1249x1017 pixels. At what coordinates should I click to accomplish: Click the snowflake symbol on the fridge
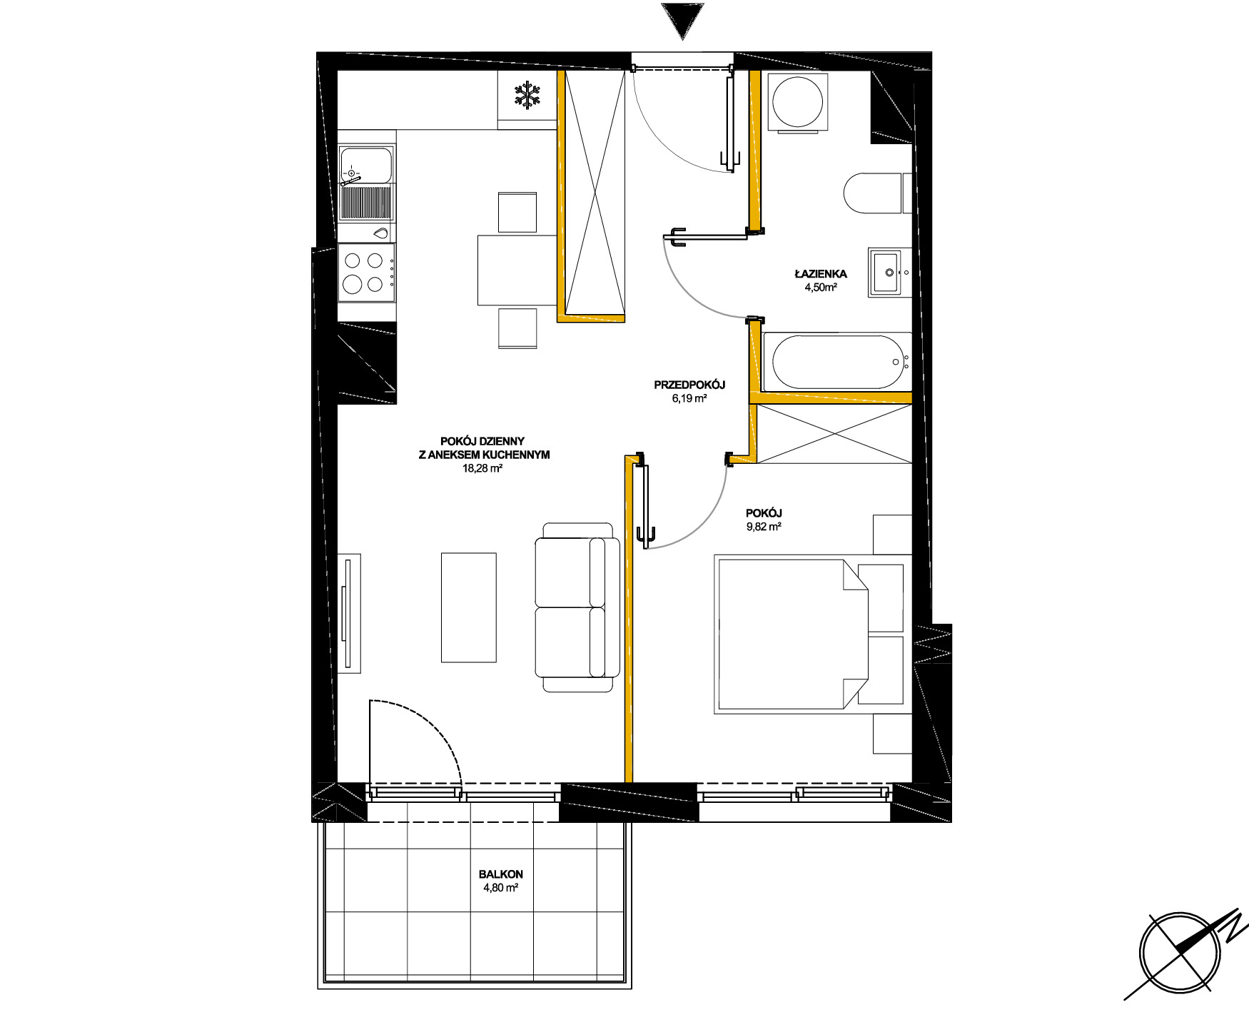point(527,95)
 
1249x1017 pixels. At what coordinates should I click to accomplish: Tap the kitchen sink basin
point(366,165)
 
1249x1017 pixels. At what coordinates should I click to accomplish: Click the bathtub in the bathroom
point(837,362)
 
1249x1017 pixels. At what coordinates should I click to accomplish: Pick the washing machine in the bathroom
point(798,101)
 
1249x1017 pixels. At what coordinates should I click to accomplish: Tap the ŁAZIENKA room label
point(821,273)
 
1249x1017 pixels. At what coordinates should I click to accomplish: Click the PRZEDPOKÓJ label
point(689,385)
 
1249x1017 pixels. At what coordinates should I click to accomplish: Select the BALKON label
point(501,874)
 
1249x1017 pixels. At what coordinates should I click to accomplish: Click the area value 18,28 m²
point(482,469)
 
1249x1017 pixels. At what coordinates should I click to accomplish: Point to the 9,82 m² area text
point(764,527)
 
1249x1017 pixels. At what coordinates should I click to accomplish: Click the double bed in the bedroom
point(809,634)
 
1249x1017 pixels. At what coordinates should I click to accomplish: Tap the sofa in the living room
point(577,607)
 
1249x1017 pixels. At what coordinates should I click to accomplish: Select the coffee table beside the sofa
point(468,607)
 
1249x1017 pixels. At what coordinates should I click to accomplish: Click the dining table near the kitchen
point(517,270)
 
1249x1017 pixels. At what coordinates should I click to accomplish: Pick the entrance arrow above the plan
point(682,20)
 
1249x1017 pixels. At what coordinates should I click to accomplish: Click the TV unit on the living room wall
point(349,613)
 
